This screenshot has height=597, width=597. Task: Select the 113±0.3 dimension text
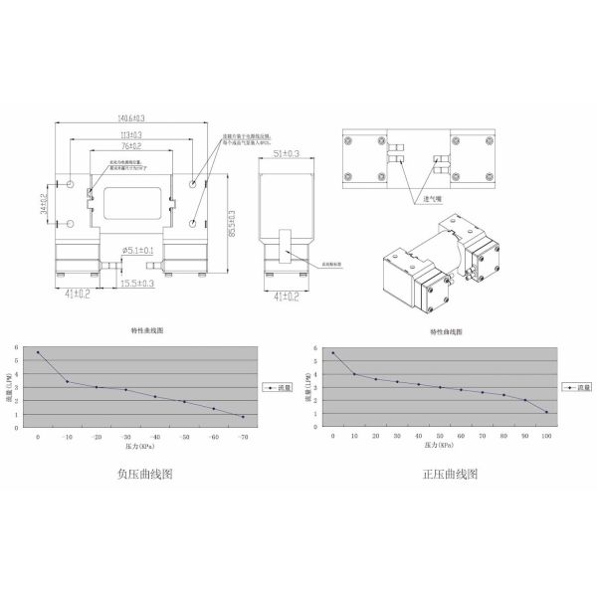coord(130,134)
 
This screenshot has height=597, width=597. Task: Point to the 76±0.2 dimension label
coord(130,145)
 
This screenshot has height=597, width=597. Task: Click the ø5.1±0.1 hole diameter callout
coord(136,250)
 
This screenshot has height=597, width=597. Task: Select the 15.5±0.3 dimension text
coord(136,284)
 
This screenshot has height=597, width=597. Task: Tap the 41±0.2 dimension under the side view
coord(287,295)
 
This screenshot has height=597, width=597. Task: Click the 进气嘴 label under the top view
coord(431,199)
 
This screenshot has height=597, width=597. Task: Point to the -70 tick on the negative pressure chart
coord(242,437)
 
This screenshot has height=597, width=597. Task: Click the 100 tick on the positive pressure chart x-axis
coord(546,437)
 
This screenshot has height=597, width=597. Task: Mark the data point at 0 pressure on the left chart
coord(38,352)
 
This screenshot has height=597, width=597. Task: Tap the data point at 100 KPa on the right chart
coord(546,412)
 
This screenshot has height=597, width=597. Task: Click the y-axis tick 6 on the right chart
coord(315,349)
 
